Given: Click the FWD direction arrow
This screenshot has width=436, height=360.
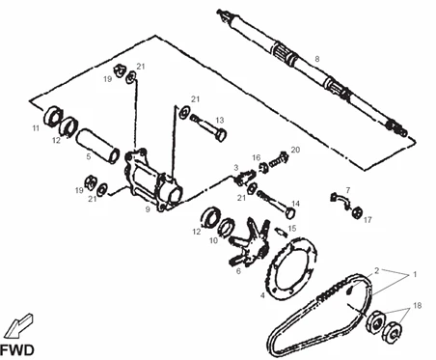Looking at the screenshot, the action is coord(18,325).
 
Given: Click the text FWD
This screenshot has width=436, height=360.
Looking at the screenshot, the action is coord(16,350).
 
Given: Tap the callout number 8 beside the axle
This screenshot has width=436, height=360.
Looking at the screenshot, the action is coord(317,59).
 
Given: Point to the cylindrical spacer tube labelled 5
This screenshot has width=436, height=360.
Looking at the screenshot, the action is coord(97,146).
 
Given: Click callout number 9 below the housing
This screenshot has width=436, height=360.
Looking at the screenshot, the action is coord(148,209).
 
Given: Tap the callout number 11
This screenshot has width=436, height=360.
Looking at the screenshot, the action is coord(36,128).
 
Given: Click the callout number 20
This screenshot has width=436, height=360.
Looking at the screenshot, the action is coord(295,150).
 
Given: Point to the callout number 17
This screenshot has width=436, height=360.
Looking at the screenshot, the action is coord(368,220).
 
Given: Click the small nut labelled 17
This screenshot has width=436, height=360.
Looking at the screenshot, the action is coord(357,212).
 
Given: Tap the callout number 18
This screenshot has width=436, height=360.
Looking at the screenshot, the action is coord(417,305).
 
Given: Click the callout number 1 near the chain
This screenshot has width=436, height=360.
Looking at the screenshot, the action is coord(415,274).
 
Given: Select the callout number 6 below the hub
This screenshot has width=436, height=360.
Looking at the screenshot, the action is coord(238,271).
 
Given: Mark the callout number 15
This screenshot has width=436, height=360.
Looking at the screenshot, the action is coord(292,228).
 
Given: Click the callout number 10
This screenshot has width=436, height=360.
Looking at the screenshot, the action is coord(214,240).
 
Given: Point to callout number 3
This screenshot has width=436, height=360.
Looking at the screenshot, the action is coord(236,167).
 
